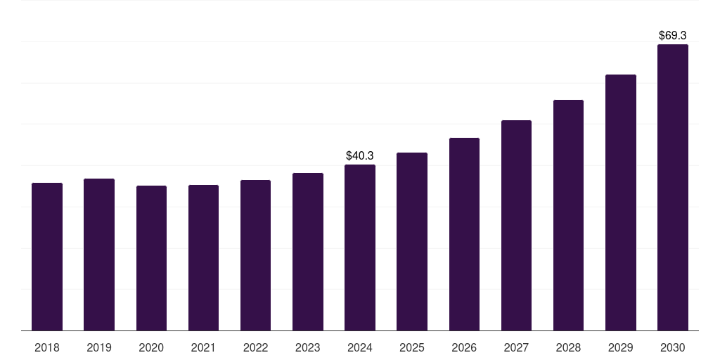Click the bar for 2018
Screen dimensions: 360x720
(47, 257)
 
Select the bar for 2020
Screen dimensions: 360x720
(151, 258)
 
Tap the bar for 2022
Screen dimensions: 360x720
(255, 255)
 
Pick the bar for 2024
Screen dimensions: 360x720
(360, 247)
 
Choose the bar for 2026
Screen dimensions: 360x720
(464, 234)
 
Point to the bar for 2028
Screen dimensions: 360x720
(568, 215)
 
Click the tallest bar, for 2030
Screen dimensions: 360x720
(672, 188)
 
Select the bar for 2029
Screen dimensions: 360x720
(620, 202)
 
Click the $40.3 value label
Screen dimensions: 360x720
(360, 155)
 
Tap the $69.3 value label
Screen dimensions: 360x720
(672, 35)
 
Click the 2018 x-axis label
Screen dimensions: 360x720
(47, 347)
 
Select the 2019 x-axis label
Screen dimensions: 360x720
(99, 347)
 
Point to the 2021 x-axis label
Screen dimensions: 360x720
(203, 347)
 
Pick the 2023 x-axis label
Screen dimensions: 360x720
(307, 347)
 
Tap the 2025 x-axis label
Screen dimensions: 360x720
(412, 347)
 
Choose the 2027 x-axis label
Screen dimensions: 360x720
(516, 347)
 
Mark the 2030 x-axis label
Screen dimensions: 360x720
(672, 347)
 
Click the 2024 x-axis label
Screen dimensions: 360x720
(360, 347)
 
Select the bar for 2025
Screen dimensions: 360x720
(412, 241)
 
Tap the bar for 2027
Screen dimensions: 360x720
(516, 226)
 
